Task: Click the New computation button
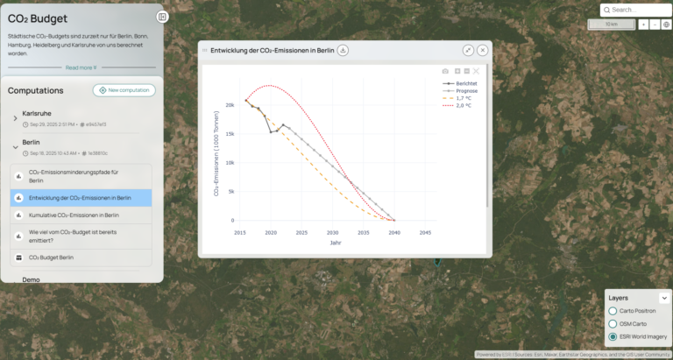click(124, 90)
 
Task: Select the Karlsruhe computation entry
click(36, 114)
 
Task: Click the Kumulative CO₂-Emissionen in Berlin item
click(74, 215)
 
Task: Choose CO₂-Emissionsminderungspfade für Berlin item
click(74, 176)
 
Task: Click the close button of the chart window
click(483, 51)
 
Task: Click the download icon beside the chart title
click(343, 51)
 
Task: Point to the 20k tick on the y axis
click(230, 105)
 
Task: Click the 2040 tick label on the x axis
click(394, 233)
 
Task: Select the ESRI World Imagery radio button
click(613, 336)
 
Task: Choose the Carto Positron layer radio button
click(613, 311)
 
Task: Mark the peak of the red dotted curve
click(272, 86)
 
